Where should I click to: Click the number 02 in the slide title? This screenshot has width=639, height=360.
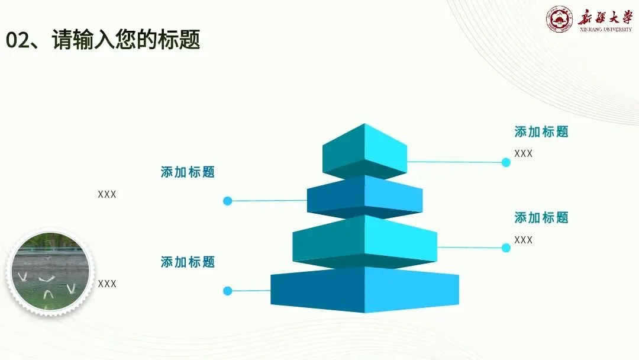[18, 40]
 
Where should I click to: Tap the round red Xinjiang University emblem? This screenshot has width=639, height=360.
[559, 20]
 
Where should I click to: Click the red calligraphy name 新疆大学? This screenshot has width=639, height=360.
[605, 16]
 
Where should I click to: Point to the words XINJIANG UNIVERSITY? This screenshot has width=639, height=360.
[605, 29]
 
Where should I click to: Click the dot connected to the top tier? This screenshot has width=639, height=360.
[506, 162]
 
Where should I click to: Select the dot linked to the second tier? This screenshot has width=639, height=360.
[227, 201]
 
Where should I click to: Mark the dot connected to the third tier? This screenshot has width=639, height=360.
[506, 248]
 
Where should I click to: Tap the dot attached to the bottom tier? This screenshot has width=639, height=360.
[227, 291]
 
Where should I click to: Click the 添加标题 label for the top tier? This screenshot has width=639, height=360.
[541, 132]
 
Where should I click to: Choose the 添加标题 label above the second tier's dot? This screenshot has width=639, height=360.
[188, 172]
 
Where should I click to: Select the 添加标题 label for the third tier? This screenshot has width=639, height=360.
[541, 218]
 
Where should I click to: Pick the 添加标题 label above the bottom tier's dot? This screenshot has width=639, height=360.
[188, 262]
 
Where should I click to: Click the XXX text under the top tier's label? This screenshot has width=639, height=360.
[523, 154]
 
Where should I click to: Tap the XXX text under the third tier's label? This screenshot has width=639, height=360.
[523, 240]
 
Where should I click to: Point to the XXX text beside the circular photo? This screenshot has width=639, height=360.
[107, 284]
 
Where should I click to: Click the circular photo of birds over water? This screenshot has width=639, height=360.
[50, 273]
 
